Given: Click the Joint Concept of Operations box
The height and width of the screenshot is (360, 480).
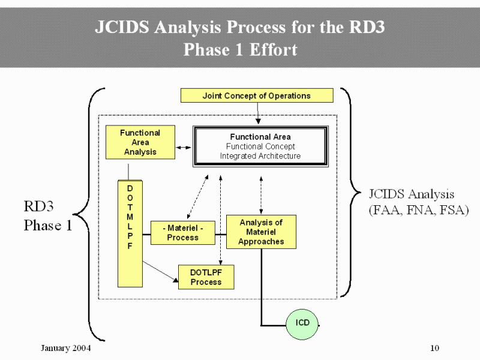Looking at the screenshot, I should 257,95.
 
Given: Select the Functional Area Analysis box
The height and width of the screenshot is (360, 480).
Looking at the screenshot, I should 140,142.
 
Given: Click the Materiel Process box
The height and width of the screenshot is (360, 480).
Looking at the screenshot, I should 182,233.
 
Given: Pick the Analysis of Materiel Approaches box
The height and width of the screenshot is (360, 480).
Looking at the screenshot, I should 261,232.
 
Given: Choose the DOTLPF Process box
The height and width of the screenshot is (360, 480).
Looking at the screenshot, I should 206,277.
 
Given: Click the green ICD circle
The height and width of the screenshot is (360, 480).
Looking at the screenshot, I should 303,323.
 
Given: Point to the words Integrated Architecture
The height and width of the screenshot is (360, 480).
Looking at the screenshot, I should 260,156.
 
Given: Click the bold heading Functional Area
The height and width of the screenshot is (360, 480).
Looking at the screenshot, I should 260,137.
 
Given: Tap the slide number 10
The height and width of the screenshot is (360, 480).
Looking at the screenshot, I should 436,349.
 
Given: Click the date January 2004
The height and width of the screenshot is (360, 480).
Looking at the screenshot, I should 65,349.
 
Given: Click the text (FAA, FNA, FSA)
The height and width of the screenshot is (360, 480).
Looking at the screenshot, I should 418,211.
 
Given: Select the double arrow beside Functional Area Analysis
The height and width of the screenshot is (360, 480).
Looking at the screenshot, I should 184,147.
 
